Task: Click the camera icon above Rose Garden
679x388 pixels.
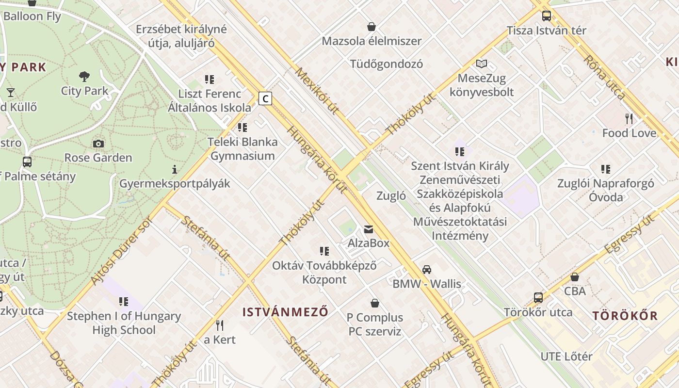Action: coord(98,144)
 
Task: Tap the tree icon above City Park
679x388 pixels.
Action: coord(84,76)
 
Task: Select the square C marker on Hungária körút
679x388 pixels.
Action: coord(265,98)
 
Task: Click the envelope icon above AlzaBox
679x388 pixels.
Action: coord(369,229)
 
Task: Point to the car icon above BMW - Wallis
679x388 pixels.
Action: coord(427,270)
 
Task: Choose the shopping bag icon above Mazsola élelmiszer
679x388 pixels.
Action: coord(372,27)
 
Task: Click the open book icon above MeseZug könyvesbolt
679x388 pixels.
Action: coord(481,64)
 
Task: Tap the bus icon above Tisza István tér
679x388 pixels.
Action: coord(547,16)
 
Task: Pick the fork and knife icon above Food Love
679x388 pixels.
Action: coord(629,119)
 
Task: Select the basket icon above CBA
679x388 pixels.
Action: coord(575,277)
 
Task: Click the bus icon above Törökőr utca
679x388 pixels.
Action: coord(538,298)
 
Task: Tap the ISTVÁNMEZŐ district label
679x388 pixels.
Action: coord(285,312)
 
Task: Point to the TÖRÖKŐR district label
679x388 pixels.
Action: coord(625,316)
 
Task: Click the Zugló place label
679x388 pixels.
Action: coord(391,196)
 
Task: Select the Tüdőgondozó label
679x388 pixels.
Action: coord(387,64)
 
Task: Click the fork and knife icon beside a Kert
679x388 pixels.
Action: coord(220,325)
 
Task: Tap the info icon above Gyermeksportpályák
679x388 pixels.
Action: coord(175,170)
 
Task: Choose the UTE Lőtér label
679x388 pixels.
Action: coord(566,356)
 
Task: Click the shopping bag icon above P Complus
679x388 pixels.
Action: coord(375,304)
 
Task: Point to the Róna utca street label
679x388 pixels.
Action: coord(604,78)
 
